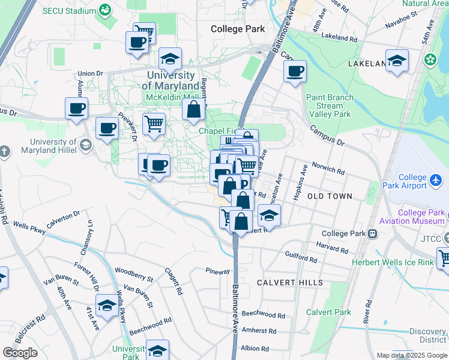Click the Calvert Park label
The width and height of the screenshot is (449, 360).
[x=328, y=312]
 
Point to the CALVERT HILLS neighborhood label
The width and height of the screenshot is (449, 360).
[x=290, y=282]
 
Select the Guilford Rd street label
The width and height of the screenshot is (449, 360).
[x=301, y=257]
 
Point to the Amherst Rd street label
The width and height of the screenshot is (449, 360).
[x=259, y=331]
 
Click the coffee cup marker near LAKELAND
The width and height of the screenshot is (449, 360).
[x=295, y=72]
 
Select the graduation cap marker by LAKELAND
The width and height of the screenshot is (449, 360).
[x=397, y=61]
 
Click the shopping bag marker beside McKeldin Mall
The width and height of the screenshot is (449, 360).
[x=194, y=110]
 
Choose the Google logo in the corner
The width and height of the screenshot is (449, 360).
[x=20, y=353]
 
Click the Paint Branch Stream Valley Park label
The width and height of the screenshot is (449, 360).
[x=328, y=106]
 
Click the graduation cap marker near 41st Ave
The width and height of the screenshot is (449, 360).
[x=107, y=305]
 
